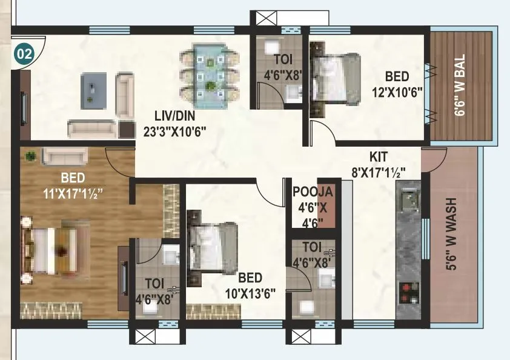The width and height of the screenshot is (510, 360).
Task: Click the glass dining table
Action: click(x=210, y=73)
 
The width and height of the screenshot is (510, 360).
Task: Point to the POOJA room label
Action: click(x=313, y=192)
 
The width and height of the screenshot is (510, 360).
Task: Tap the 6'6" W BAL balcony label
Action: click(x=462, y=85)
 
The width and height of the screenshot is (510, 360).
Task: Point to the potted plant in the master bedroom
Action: click(x=30, y=157)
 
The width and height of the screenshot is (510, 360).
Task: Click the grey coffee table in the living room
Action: click(x=94, y=90)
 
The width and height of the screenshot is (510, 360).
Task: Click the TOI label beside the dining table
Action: click(x=280, y=60)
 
